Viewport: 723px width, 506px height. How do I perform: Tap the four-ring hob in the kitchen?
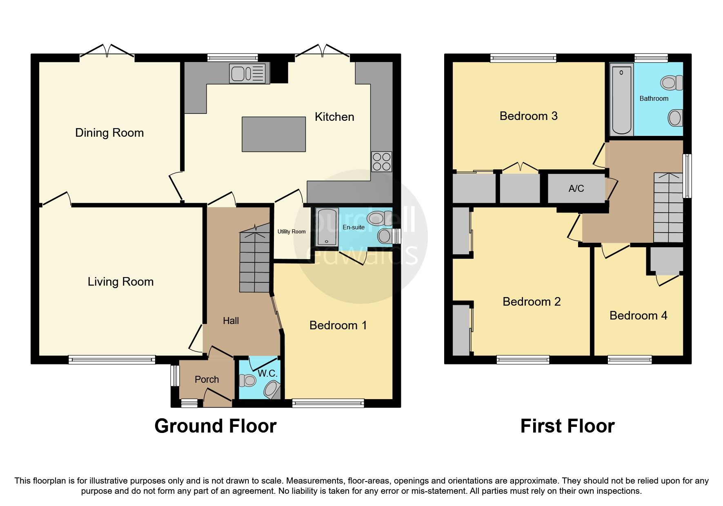tap(381, 162)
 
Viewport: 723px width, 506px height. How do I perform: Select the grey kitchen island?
tap(274, 134)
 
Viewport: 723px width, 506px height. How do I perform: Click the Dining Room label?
tap(109, 133)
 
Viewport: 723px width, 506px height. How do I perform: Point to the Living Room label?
tap(120, 282)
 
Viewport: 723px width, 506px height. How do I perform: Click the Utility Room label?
tap(291, 231)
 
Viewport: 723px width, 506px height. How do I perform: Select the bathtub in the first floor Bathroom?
tap(621, 100)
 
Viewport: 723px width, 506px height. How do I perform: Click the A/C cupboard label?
tap(576, 189)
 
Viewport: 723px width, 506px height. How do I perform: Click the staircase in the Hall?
tap(255, 261)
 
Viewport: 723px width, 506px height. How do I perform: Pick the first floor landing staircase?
tap(668, 208)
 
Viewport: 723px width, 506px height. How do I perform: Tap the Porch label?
tap(207, 379)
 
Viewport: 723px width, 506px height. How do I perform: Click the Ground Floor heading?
tap(215, 426)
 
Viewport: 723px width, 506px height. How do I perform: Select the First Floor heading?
tap(567, 426)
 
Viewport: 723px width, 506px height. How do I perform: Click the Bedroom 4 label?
tap(638, 315)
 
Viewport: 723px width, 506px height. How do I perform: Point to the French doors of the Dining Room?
tap(107, 52)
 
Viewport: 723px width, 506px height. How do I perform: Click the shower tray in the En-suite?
tap(327, 227)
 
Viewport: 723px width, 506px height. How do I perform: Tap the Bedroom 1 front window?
tap(328, 403)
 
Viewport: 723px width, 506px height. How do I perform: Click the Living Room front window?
tap(111, 360)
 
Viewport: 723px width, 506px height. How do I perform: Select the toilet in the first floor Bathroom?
tap(671, 83)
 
